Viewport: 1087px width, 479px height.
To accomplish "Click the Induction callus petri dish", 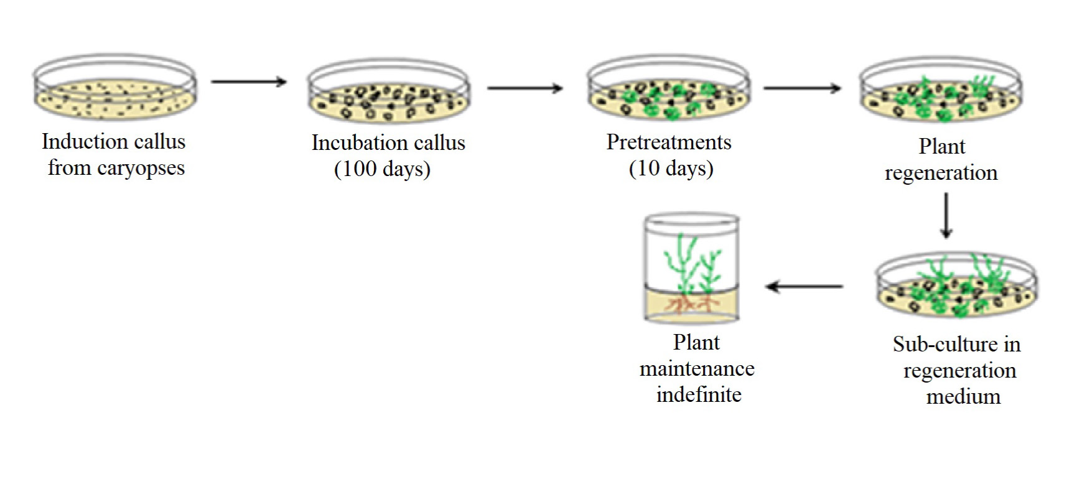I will [x=115, y=88].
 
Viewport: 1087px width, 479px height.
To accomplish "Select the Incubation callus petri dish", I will [x=389, y=93].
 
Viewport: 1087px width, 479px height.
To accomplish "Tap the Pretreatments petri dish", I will [x=668, y=90].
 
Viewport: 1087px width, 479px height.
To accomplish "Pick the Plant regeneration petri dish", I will [x=941, y=92].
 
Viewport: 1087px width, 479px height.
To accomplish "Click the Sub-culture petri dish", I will [x=956, y=287].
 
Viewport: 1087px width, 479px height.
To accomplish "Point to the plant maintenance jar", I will [x=691, y=269].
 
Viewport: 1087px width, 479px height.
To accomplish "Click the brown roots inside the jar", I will [x=691, y=305].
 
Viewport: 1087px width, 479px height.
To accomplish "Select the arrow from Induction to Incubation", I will [x=248, y=81].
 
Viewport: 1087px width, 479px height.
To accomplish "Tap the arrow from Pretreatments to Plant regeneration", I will [x=802, y=88].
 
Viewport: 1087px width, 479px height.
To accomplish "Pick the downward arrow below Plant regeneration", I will [x=946, y=215].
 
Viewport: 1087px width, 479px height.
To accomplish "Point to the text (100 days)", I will [x=382, y=169].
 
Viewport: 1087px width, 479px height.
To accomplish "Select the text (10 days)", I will [x=671, y=169].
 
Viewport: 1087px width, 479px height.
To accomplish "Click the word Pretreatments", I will [x=669, y=142].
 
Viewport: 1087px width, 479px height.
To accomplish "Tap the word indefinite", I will [x=699, y=394].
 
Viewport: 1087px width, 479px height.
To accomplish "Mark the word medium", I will [x=963, y=396].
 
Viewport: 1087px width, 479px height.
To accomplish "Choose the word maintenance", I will [x=697, y=369].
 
